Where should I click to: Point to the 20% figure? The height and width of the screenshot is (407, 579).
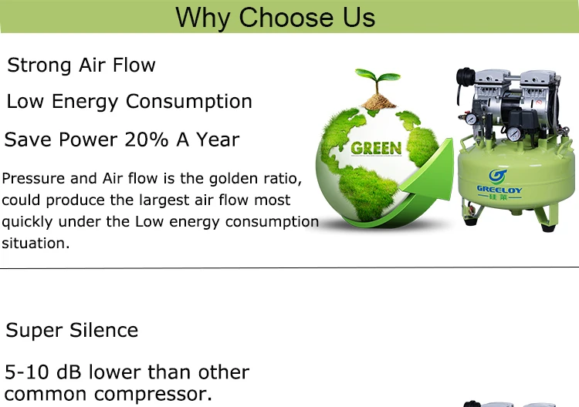tap(150, 140)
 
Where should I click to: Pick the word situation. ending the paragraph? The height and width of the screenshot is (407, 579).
tap(36, 243)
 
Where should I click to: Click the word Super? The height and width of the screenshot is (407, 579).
tap(35, 331)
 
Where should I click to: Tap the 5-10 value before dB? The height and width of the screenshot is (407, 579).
tap(29, 373)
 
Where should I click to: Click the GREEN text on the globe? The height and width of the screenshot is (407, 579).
tap(376, 148)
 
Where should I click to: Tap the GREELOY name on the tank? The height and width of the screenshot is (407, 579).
tap(499, 189)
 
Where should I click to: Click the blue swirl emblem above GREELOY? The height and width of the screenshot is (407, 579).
tap(499, 173)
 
